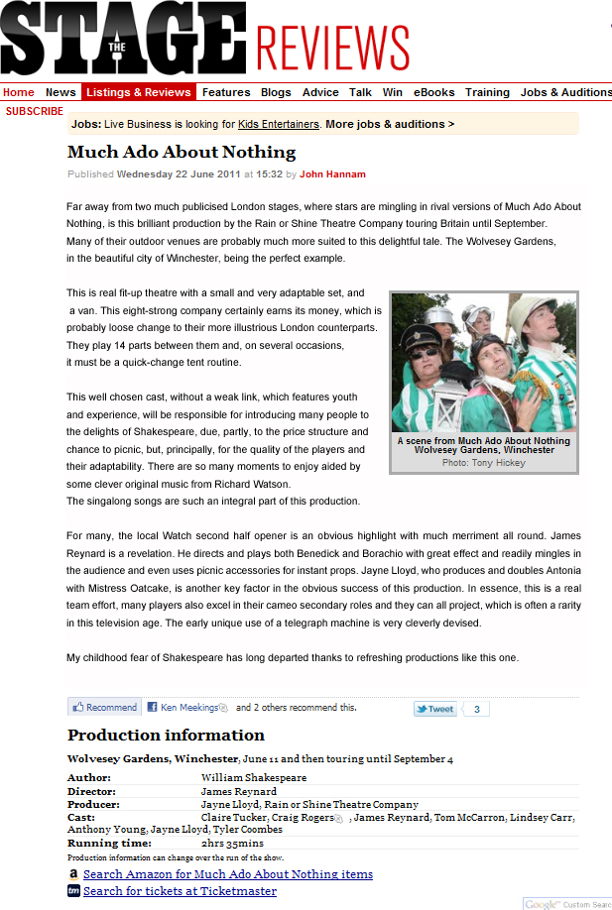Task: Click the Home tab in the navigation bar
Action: tap(19, 92)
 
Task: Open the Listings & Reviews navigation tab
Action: tap(138, 92)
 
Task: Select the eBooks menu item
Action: tap(433, 92)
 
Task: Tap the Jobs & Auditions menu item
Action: tap(565, 92)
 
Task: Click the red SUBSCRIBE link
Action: tap(35, 111)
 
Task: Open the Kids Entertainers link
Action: tap(279, 124)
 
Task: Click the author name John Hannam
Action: tap(332, 174)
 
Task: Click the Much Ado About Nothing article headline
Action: tap(182, 152)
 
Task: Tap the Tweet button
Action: tap(435, 709)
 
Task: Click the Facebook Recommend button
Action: tap(104, 707)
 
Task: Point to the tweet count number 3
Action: tap(476, 709)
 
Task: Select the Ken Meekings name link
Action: tap(188, 708)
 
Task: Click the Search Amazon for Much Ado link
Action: tap(228, 873)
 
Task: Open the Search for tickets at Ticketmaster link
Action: tap(180, 891)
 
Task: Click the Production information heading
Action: tap(166, 735)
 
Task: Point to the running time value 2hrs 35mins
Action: tap(233, 843)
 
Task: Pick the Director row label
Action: tap(91, 791)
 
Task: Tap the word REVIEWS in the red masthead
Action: tap(332, 47)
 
